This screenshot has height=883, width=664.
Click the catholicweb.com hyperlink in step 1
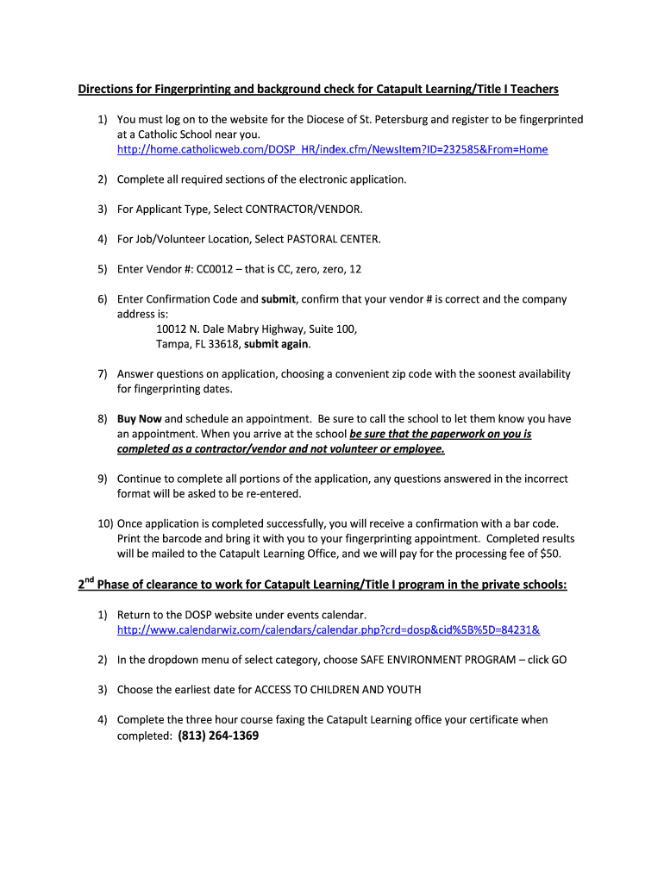click(x=332, y=149)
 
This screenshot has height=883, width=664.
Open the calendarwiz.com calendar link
click(x=328, y=629)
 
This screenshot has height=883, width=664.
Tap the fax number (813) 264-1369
click(x=218, y=736)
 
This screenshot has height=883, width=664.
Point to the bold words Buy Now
click(x=139, y=419)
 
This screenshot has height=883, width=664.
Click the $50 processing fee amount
click(x=550, y=554)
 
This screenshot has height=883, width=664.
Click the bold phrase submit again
click(x=276, y=344)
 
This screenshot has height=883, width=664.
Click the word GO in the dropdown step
click(x=558, y=660)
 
